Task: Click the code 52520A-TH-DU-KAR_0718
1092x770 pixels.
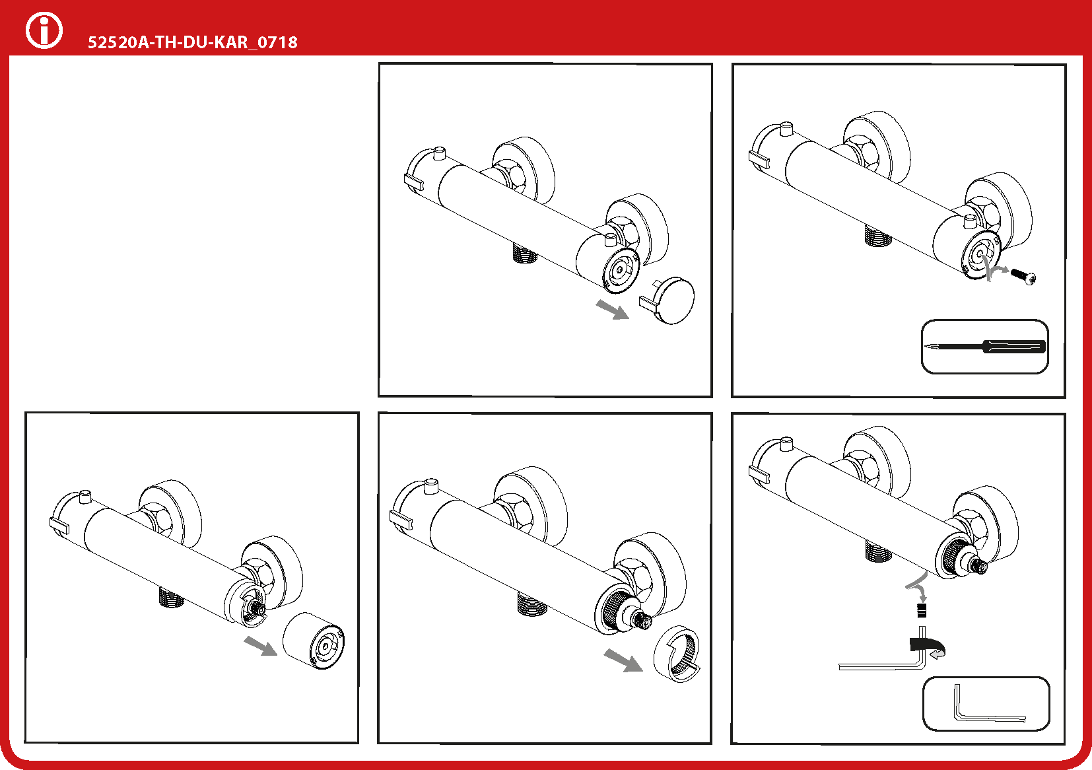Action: pyautogui.click(x=192, y=42)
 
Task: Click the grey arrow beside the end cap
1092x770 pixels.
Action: pyautogui.click(x=613, y=309)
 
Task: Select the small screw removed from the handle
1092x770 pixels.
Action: pyautogui.click(x=1024, y=275)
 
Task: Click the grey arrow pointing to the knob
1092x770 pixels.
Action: pyautogui.click(x=261, y=646)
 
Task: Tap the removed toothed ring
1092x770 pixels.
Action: pyautogui.click(x=677, y=654)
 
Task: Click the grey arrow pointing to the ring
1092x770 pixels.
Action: pyautogui.click(x=623, y=660)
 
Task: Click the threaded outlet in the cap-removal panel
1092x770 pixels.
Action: pyautogui.click(x=526, y=253)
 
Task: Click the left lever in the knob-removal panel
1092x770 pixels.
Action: pyautogui.click(x=59, y=526)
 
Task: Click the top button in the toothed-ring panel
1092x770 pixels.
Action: pyautogui.click(x=431, y=487)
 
